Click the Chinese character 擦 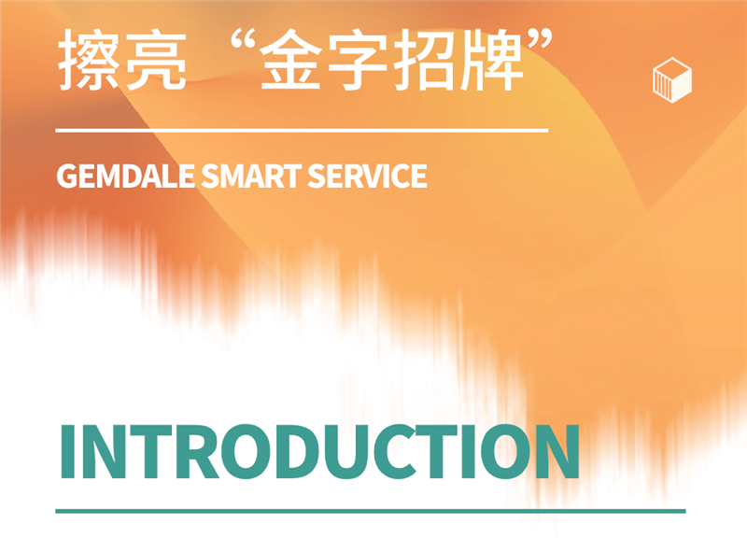(89, 59)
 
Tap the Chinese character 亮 (156, 59)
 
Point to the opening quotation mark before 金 (244, 39)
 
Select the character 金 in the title (290, 59)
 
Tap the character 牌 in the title (491, 59)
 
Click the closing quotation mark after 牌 (541, 39)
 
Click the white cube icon (671, 79)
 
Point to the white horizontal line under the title (302, 130)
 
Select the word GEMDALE (126, 176)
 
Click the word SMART (251, 176)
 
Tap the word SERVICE (367, 176)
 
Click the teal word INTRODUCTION (320, 451)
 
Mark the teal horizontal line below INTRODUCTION (371, 511)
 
